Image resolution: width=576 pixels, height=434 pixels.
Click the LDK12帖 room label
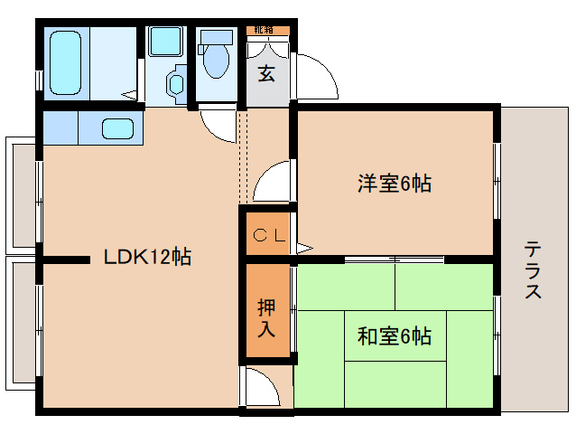tap(147, 257)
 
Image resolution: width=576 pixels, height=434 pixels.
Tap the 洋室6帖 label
tap(394, 184)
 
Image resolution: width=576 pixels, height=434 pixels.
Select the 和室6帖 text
tap(394, 337)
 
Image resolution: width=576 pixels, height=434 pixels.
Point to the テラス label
tap(533, 269)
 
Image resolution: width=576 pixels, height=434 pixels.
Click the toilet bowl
tap(215, 62)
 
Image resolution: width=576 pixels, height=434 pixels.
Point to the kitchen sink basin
tap(118, 128)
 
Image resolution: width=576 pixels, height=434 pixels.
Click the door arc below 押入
tap(265, 387)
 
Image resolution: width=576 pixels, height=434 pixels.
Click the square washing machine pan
tap(165, 42)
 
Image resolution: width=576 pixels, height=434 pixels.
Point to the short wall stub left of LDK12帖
tap(66, 260)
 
